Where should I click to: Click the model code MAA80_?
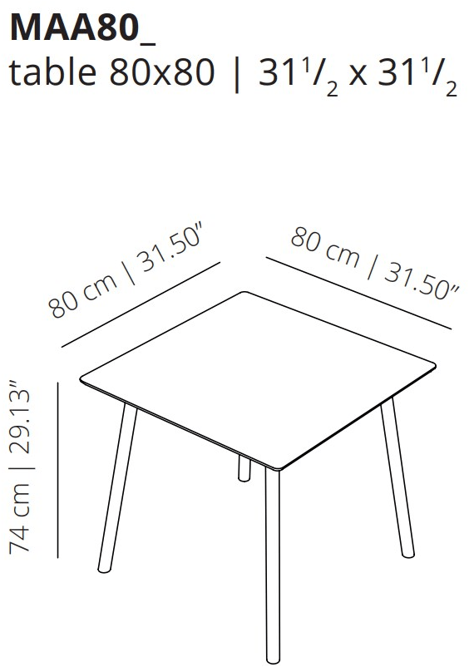coord(82,28)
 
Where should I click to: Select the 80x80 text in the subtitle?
coord(162,72)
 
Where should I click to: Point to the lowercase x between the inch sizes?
coord(358,77)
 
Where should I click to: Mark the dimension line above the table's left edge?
coord(141,304)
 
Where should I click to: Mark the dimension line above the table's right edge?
coord(358,293)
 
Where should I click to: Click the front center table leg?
coord(273,566)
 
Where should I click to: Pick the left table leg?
coord(118,488)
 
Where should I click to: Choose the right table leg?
coord(397,477)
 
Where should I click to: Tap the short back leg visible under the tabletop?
coord(244,468)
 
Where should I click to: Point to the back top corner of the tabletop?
coord(244,292)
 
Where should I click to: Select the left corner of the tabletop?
coord(81,378)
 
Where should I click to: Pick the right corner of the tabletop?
coord(435,365)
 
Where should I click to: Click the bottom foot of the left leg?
coord(102,569)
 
